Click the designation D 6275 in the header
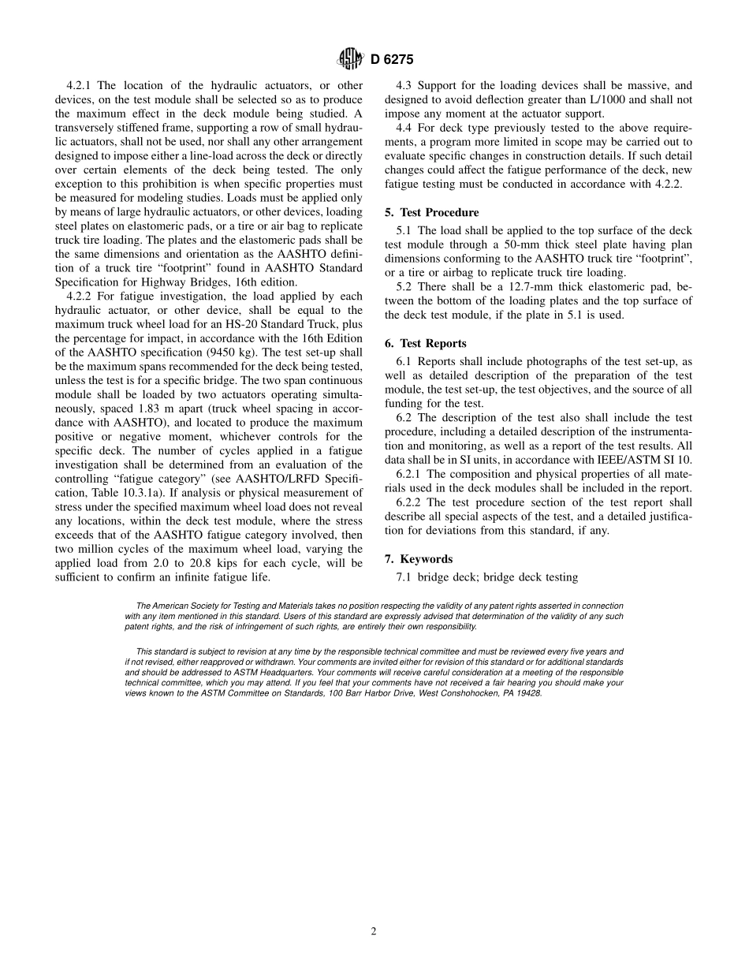[x=392, y=58]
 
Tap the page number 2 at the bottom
[x=374, y=931]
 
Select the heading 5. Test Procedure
[x=431, y=212]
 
